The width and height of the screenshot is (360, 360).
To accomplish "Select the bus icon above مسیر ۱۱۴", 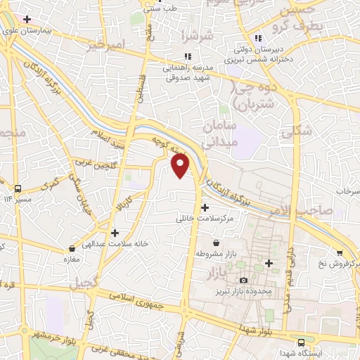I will click(x=18, y=188).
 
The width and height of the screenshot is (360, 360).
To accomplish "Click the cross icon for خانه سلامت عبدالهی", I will click(x=115, y=232).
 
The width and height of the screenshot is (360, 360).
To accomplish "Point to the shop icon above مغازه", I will click(x=72, y=248).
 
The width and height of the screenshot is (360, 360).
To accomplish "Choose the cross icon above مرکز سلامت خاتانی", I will click(x=205, y=207).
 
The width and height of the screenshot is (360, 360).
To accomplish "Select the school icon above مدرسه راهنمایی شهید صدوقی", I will click(x=187, y=56).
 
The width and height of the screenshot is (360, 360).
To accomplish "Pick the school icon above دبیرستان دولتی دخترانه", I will click(x=258, y=37).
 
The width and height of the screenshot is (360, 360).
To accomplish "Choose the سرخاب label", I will click(x=347, y=191).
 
